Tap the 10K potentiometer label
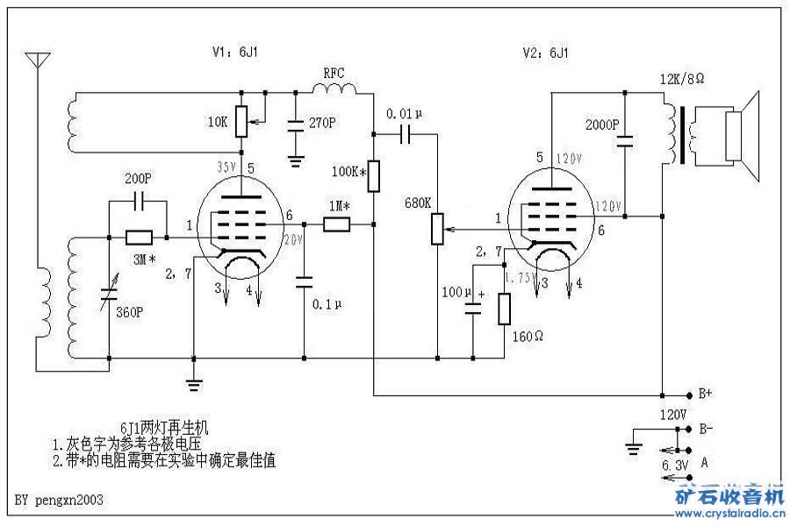pyautogui.click(x=219, y=123)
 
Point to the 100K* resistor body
pyautogui.click(x=373, y=175)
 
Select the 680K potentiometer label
pyautogui.click(x=417, y=203)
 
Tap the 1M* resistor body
pyautogui.click(x=337, y=224)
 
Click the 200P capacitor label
pyautogui.click(x=138, y=178)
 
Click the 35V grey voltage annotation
pyautogui.click(x=226, y=165)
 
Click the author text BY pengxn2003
pyautogui.click(x=60, y=501)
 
